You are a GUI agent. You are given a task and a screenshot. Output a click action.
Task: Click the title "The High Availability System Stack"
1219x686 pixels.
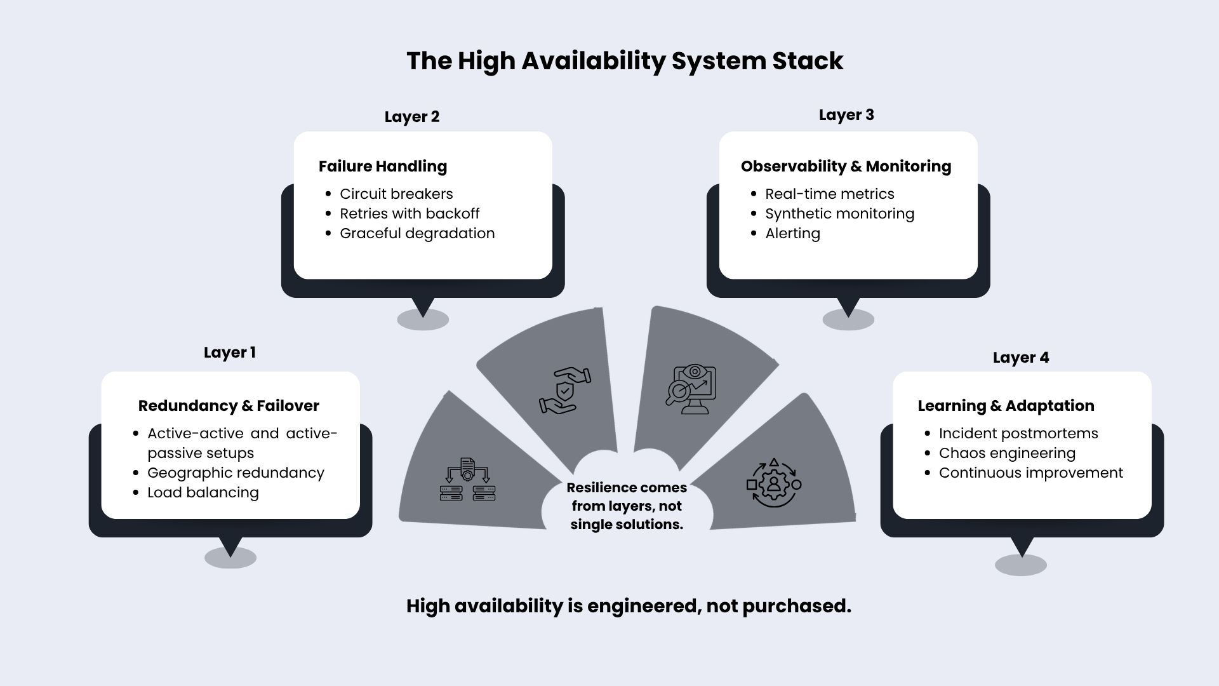(x=625, y=61)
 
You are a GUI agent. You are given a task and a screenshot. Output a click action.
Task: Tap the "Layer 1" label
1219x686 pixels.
(x=230, y=353)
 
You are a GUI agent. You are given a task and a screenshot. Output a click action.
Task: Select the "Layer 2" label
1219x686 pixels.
(x=412, y=117)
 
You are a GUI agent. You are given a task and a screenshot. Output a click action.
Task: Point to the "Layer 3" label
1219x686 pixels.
(x=846, y=115)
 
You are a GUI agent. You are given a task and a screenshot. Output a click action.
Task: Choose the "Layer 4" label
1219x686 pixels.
(x=1021, y=358)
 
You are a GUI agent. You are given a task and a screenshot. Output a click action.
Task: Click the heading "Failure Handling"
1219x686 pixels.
(x=383, y=166)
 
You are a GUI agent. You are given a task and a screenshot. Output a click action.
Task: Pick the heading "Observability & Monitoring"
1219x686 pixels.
(x=846, y=166)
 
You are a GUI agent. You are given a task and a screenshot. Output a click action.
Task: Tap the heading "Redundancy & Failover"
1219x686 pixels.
(x=229, y=406)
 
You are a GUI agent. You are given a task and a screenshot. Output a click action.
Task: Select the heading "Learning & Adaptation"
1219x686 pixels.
(x=1006, y=406)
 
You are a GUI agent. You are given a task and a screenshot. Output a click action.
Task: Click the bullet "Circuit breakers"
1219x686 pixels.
(x=396, y=194)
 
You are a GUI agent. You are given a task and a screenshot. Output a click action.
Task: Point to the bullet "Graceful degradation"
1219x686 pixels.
(x=417, y=233)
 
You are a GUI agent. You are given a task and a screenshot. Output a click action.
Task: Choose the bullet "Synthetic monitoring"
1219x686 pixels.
(x=839, y=213)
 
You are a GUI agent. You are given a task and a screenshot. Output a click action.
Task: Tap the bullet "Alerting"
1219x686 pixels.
(x=792, y=233)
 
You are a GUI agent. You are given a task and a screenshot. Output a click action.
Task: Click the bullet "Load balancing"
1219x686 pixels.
(x=203, y=492)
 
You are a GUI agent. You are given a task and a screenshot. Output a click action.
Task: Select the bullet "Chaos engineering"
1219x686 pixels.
(x=1007, y=453)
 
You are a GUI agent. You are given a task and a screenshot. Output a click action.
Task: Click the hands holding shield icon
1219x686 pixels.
(x=564, y=391)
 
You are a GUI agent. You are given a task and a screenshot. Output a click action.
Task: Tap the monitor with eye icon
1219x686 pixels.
(x=691, y=389)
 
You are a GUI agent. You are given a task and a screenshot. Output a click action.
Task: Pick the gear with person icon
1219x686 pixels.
(x=774, y=483)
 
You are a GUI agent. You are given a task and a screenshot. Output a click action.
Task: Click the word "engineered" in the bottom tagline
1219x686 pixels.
(x=644, y=607)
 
